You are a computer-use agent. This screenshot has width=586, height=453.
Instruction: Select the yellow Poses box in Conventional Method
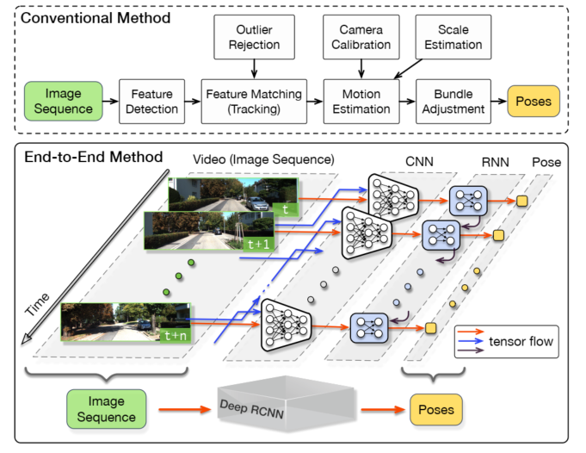(533, 102)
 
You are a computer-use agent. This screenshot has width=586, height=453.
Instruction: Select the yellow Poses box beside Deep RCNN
(437, 408)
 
